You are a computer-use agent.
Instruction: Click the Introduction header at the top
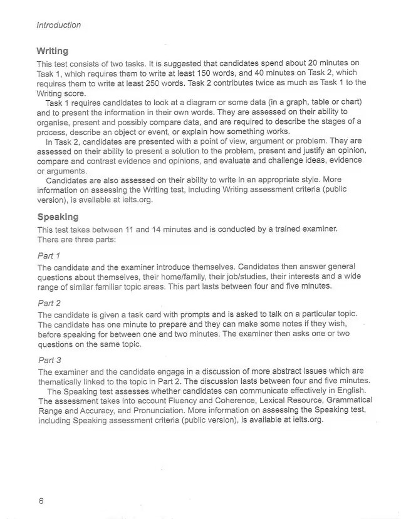pyautogui.click(x=59, y=25)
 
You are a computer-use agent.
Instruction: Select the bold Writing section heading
pyautogui.click(x=52, y=51)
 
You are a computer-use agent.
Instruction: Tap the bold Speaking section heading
pyautogui.click(x=58, y=217)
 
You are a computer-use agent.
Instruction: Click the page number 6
pyautogui.click(x=41, y=501)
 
